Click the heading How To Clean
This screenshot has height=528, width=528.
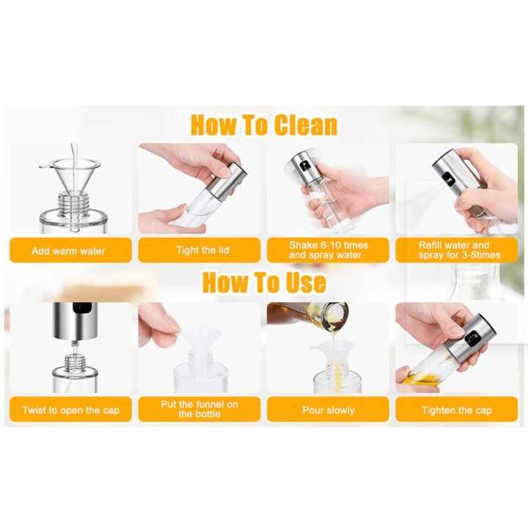(264, 125)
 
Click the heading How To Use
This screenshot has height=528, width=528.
(264, 282)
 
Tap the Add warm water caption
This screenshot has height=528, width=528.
(69, 251)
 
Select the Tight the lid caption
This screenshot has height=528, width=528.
(202, 250)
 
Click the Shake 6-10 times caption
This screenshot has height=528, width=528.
(329, 250)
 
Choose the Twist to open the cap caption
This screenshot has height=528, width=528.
(70, 410)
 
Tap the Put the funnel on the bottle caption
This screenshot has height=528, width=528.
(199, 409)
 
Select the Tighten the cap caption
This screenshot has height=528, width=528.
(456, 410)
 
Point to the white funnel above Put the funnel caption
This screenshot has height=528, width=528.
(199, 342)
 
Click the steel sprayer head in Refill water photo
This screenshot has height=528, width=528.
(452, 173)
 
